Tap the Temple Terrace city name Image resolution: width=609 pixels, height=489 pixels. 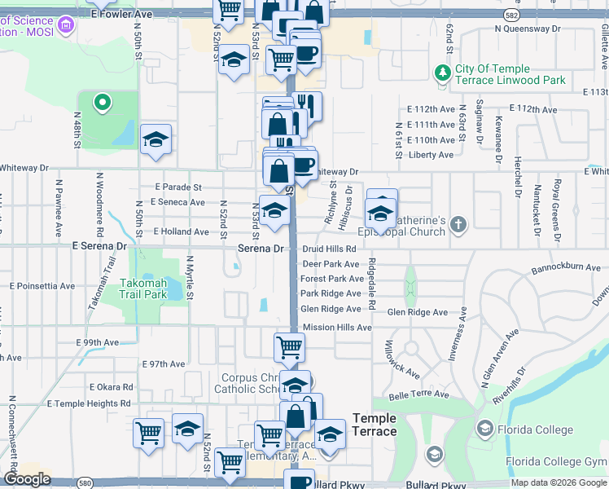pyautogui.click(x=375, y=425)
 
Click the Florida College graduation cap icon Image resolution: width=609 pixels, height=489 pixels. pyautogui.click(x=484, y=429)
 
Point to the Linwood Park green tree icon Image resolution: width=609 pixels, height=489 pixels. pyautogui.click(x=443, y=73)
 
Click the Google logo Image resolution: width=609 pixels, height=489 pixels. pyautogui.click(x=27, y=479)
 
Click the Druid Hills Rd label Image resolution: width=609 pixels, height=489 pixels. pyautogui.click(x=329, y=249)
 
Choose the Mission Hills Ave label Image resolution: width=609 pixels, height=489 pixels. pyautogui.click(x=336, y=327)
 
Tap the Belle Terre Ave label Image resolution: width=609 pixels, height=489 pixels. pyautogui.click(x=418, y=394)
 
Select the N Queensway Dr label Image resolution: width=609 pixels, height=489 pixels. pyautogui.click(x=528, y=28)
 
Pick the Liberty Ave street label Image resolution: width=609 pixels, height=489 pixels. pyautogui.click(x=432, y=155)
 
